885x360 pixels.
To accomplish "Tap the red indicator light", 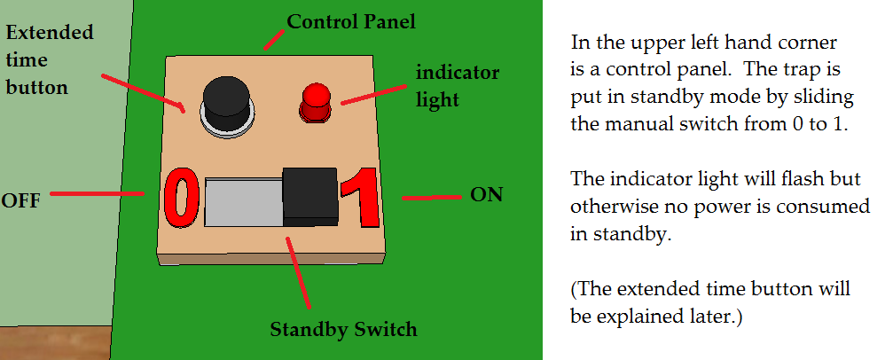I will pyautogui.click(x=315, y=102).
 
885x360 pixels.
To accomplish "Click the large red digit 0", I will pyautogui.click(x=179, y=197).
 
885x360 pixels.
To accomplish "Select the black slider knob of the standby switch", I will pyautogui.click(x=309, y=194).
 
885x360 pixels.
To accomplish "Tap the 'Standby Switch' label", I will pyautogui.click(x=343, y=330).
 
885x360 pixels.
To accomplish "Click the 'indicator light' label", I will pyautogui.click(x=457, y=85).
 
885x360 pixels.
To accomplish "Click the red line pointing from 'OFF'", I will pyautogui.click(x=98, y=192).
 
